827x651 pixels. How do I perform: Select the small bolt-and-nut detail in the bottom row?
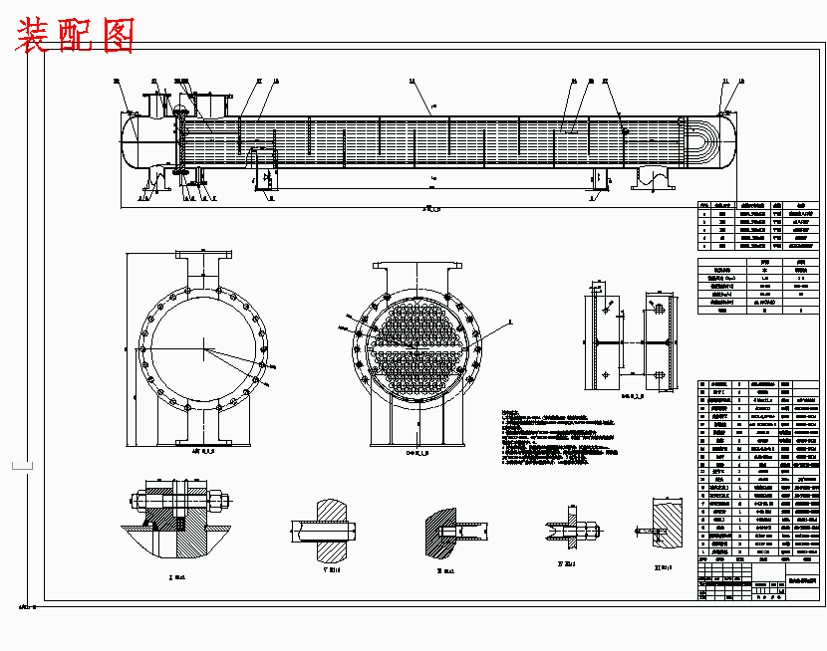tap(571, 529)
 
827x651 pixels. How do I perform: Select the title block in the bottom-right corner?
tap(757, 586)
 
